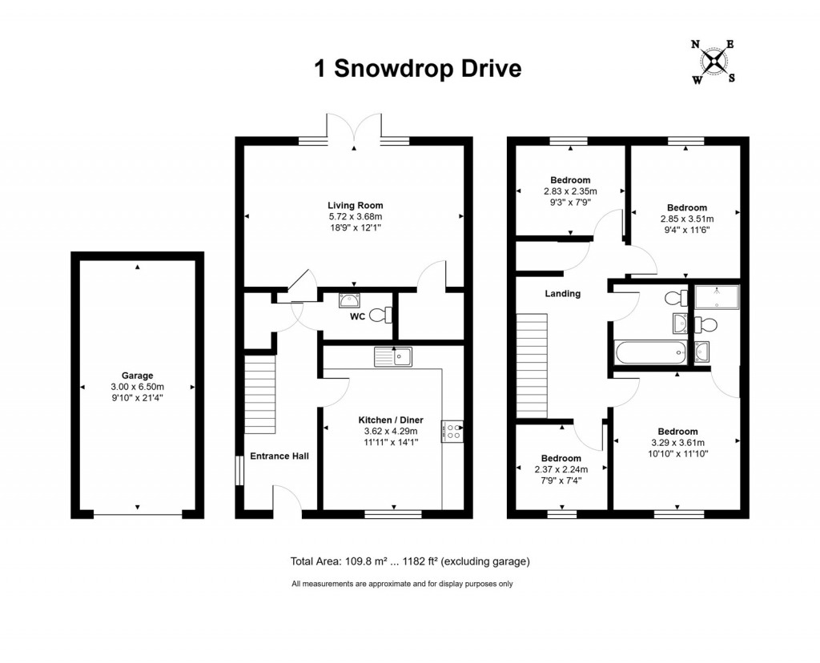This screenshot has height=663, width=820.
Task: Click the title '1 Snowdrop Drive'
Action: coord(417,69)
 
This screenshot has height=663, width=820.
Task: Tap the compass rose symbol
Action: coord(713,61)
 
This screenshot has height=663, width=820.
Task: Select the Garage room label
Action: coord(137,375)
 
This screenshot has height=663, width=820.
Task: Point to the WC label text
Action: coord(357,316)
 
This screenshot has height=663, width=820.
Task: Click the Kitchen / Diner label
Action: coord(390,420)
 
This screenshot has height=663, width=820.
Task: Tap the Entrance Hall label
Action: coord(279,456)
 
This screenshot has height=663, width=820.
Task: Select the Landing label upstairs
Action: coord(562,294)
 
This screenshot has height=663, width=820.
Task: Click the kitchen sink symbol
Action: coord(392,356)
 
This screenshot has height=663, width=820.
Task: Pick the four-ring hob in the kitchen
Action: coord(452,432)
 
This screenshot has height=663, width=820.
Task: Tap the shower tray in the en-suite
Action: coord(717,298)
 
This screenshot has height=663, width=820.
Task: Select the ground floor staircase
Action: coord(259,395)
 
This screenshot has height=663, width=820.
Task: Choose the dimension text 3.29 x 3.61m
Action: coord(677,443)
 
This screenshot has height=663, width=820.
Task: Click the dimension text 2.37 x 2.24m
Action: coord(561,470)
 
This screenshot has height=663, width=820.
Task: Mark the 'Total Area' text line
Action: coord(409,561)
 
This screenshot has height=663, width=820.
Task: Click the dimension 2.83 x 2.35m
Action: coord(569,191)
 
